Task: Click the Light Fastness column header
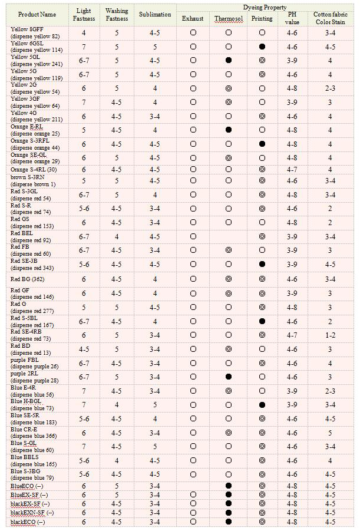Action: (x=84, y=15)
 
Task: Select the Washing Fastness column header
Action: (x=117, y=15)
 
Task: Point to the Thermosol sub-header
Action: (x=228, y=18)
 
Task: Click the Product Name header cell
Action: (x=37, y=14)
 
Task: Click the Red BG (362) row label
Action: (x=28, y=279)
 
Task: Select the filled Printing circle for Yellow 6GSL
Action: (x=262, y=46)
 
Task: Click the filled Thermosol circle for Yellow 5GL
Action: (x=228, y=61)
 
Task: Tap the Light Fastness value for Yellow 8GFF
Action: (x=84, y=33)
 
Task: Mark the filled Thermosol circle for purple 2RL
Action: (x=228, y=377)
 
